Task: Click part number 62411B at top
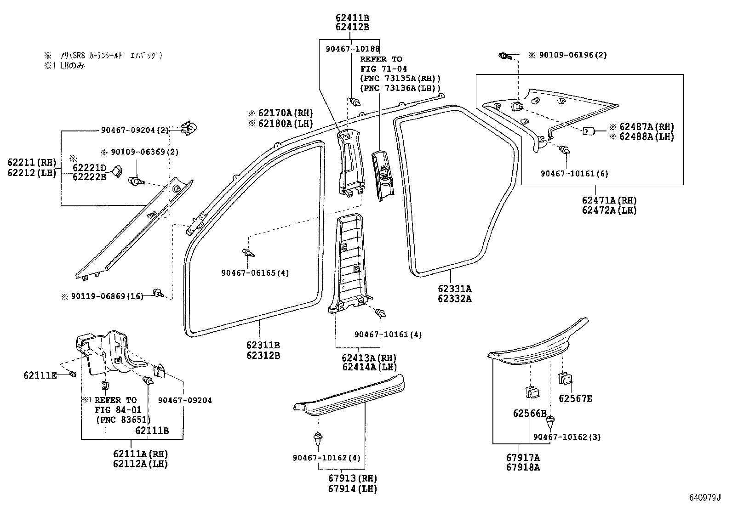[x=352, y=18]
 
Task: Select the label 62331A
[x=454, y=289]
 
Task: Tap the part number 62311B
[x=263, y=345]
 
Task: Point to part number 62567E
[x=575, y=398]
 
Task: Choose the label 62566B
[x=530, y=413]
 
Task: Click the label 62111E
[x=40, y=375]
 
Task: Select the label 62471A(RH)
[x=609, y=200]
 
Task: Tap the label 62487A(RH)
[x=646, y=127]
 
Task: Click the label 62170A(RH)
[x=285, y=113]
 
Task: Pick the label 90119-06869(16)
[x=107, y=297]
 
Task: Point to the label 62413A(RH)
[x=369, y=357]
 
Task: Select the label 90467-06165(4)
[x=255, y=273]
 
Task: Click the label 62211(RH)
[x=31, y=162]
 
